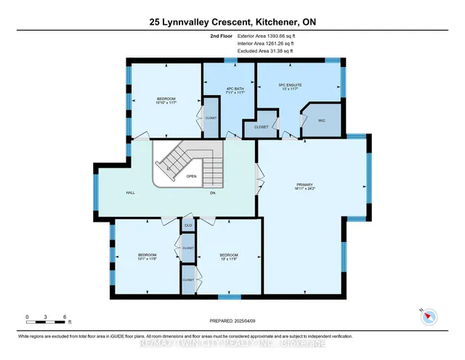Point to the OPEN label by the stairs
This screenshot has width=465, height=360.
[x=191, y=175]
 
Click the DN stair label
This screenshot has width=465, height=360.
[x=212, y=192]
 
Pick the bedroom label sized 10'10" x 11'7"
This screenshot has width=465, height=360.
[x=166, y=101]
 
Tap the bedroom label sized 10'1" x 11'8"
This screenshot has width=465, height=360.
[x=147, y=256]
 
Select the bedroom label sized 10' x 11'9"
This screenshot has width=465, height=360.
[x=229, y=256]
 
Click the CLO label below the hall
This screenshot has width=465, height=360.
[x=188, y=225]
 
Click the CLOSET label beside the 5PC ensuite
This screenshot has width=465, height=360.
[x=262, y=127]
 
